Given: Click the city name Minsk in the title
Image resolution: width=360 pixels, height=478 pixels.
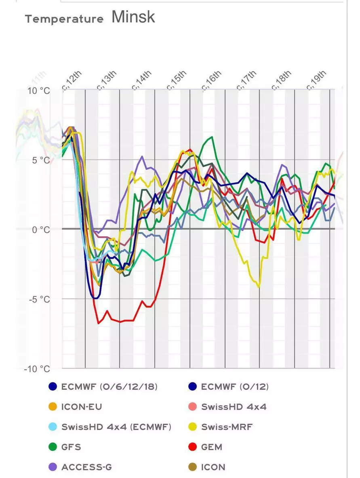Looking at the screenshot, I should [x=133, y=17].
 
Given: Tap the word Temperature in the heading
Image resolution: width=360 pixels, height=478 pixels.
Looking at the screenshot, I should [x=64, y=19].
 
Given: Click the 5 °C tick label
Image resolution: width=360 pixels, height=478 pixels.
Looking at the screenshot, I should [x=41, y=160].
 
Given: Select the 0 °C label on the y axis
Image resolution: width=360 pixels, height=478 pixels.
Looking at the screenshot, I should [x=41, y=230].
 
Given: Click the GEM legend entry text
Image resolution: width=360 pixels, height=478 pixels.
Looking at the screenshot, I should [x=212, y=447].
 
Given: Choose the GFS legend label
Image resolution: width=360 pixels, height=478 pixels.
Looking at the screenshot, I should [x=71, y=447].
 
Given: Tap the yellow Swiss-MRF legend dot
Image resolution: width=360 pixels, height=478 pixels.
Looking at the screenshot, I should [x=193, y=427].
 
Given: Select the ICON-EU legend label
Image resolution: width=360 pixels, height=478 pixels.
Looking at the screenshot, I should [x=82, y=407].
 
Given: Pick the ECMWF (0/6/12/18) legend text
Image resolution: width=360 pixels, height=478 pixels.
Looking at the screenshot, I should [x=109, y=387].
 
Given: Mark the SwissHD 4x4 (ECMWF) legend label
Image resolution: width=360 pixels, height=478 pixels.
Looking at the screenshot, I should [x=116, y=427].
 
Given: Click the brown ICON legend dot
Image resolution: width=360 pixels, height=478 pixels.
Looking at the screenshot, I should [x=193, y=467].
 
